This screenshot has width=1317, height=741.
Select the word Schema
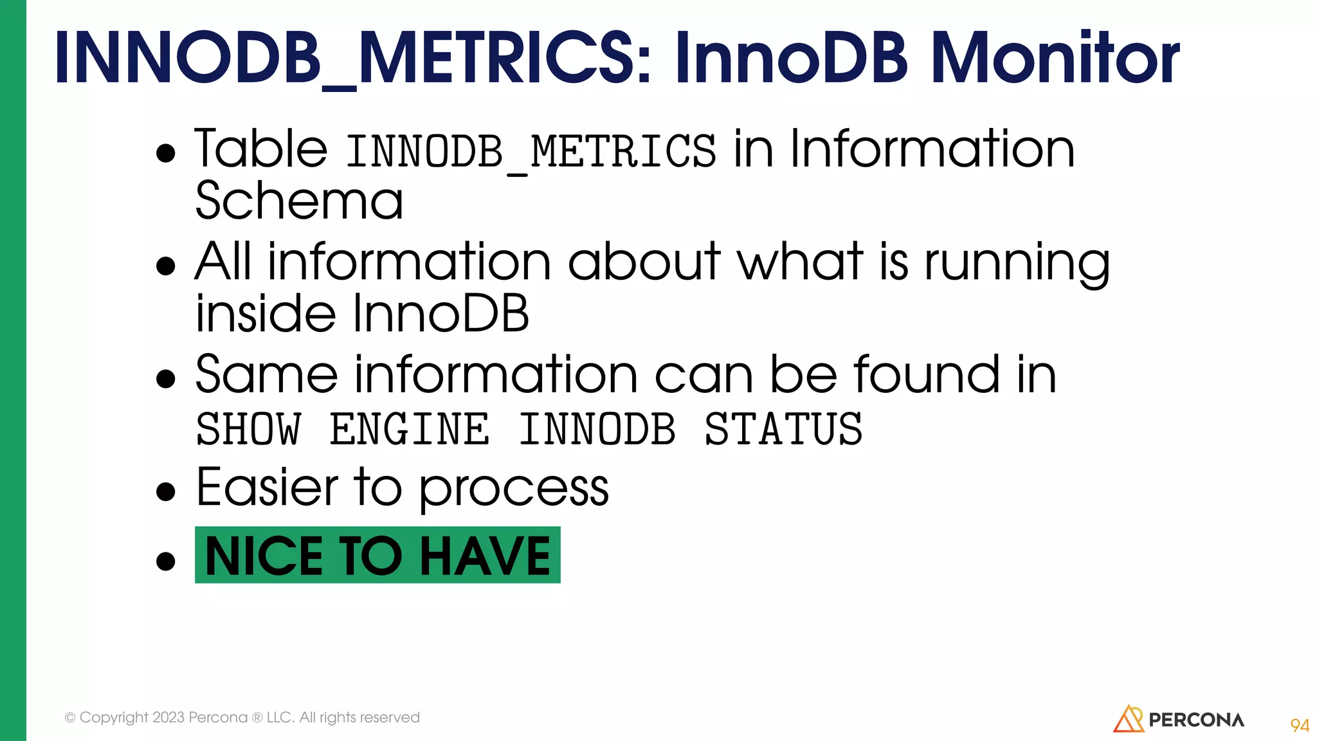(299, 201)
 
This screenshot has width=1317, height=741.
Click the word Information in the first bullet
(932, 149)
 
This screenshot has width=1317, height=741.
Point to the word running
(1017, 264)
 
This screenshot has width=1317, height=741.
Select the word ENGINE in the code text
(409, 430)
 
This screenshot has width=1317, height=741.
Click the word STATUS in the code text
(783, 430)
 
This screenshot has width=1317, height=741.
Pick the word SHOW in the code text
(248, 430)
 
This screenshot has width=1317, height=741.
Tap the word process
(514, 490)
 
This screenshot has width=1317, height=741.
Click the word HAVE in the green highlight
(486, 556)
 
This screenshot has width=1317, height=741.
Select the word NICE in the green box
(264, 556)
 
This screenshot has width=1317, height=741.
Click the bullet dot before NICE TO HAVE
(166, 561)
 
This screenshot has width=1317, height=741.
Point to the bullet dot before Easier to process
(166, 492)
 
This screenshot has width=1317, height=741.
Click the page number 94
(1299, 726)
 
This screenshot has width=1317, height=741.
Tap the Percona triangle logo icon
(1128, 719)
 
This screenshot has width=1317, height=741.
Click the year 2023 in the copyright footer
(168, 717)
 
